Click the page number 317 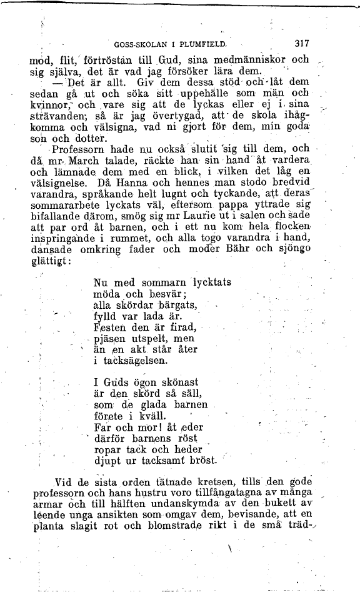302,44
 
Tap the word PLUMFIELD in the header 203,44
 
